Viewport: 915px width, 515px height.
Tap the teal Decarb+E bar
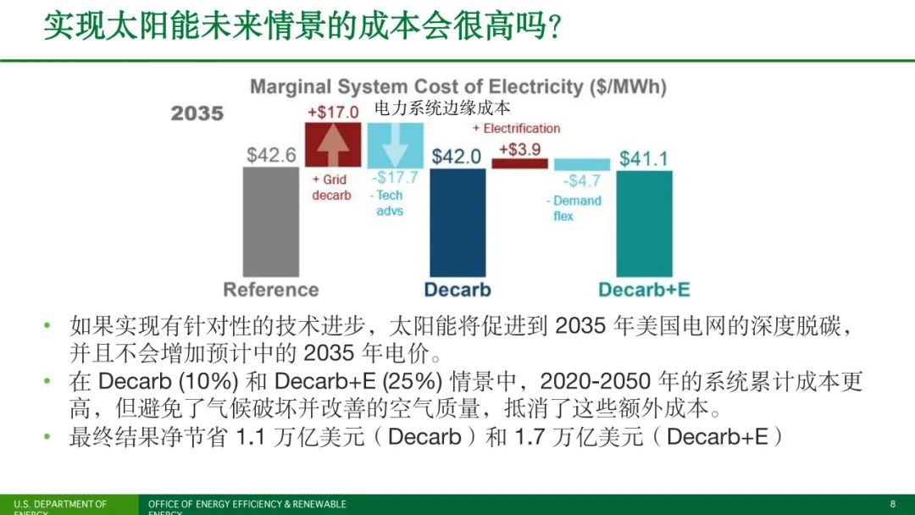tap(644, 224)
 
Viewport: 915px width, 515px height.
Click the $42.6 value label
tap(271, 155)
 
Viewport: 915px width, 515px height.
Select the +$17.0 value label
tap(333, 112)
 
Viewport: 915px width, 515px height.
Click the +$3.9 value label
tap(519, 149)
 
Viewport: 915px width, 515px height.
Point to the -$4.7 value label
tap(583, 181)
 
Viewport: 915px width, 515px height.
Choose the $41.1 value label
tap(644, 158)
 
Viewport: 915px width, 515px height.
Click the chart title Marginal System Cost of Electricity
tap(458, 86)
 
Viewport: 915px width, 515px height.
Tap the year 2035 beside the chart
tap(197, 113)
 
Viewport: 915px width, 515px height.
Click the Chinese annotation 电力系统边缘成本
tap(443, 108)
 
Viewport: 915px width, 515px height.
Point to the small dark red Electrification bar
tap(519, 163)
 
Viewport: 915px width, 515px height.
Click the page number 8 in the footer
tap(892, 504)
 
